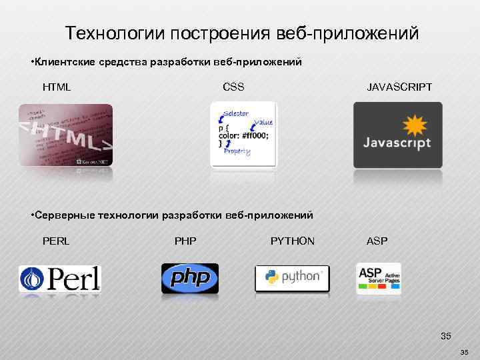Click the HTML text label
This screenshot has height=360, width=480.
coord(57,87)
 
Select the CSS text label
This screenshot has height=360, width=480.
coord(233,87)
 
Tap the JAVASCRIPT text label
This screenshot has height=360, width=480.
coord(399,87)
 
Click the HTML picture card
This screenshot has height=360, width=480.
coord(65,135)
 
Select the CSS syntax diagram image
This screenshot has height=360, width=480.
coord(243,134)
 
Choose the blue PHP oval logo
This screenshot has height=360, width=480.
coord(190,278)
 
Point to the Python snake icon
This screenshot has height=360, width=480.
coord(271,277)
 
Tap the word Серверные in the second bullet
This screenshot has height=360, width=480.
coord(63,215)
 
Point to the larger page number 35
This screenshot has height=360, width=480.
coord(446,335)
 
